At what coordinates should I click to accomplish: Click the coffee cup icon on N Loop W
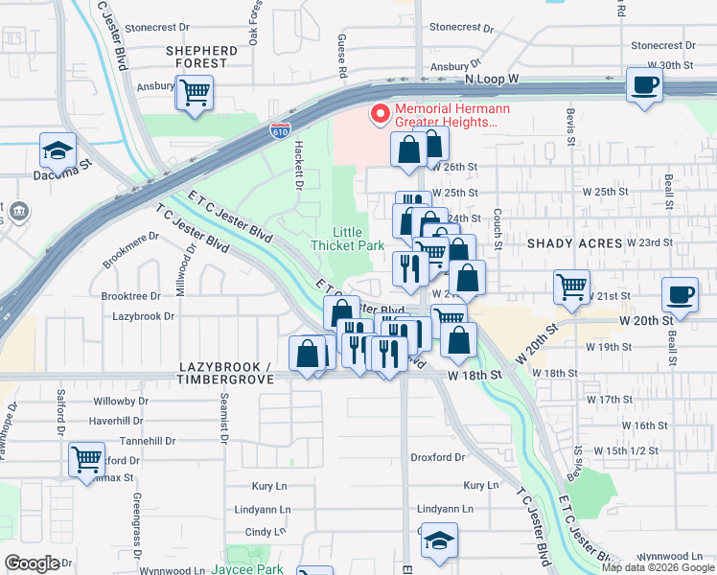tap(643, 84)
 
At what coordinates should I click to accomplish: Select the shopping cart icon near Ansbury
tap(195, 93)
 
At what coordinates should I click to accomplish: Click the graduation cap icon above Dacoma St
tap(58, 150)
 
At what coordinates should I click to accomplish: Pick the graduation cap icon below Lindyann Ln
tap(439, 540)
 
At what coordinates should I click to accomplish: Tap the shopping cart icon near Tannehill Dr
tap(86, 459)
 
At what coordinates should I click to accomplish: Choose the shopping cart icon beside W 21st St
tap(571, 286)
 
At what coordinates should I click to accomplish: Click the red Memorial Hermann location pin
tap(380, 114)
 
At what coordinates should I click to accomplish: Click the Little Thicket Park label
tap(347, 239)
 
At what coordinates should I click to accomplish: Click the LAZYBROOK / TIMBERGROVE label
tap(224, 374)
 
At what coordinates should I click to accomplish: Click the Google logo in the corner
tap(33, 563)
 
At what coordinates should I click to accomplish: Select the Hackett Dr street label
tap(298, 165)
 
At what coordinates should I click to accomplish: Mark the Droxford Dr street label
tap(438, 457)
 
